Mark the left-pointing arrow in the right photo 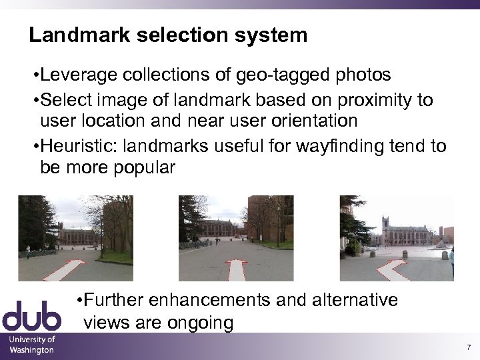[x=393, y=269]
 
